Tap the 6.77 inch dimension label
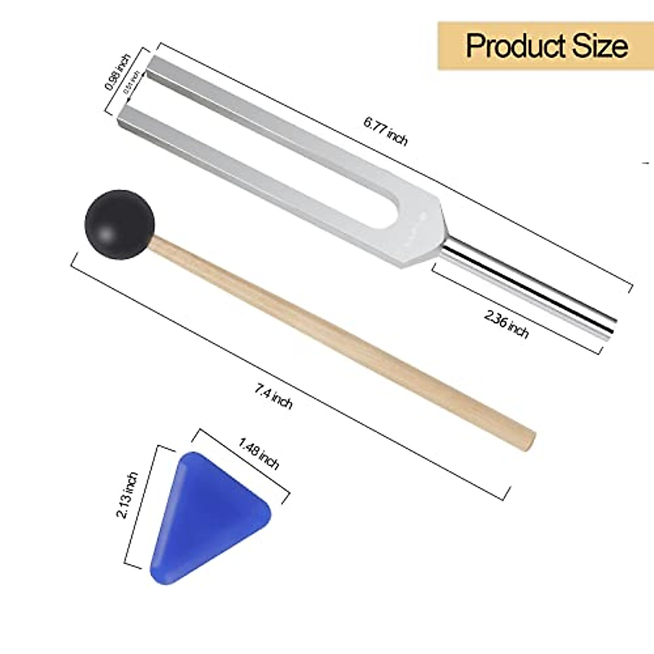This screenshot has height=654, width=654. [x=385, y=131]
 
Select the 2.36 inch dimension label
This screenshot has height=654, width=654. [x=506, y=323]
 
